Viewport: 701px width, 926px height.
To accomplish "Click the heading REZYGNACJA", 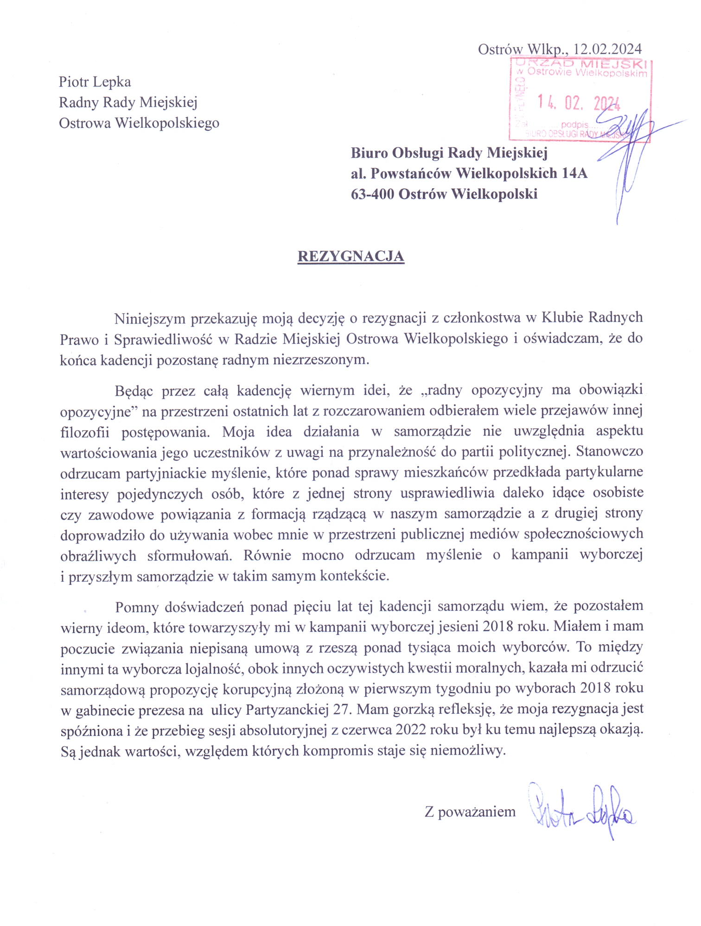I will coord(350,256).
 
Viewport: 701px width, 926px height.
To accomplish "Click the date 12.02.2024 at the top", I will coord(607,49).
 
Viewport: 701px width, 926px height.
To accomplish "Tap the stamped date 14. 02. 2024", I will coord(578,102).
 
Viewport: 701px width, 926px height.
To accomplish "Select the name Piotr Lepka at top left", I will coord(95,82).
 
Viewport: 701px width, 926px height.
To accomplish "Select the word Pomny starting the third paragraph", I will coord(137,607).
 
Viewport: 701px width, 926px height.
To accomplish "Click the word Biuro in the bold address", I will coord(369,152).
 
